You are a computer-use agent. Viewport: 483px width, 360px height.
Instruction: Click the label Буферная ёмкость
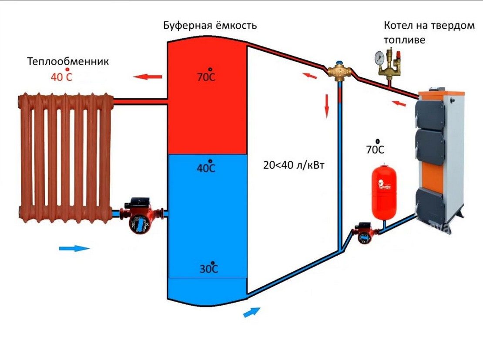coord(210,26)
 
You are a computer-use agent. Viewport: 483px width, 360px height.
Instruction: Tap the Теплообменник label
coord(68,61)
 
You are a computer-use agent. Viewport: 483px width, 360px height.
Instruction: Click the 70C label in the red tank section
coord(206,77)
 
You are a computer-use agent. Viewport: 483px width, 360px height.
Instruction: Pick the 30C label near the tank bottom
coord(209,269)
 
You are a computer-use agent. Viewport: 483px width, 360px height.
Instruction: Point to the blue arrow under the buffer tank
coord(252,312)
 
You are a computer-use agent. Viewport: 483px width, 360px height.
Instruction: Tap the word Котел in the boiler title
coord(398,26)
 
